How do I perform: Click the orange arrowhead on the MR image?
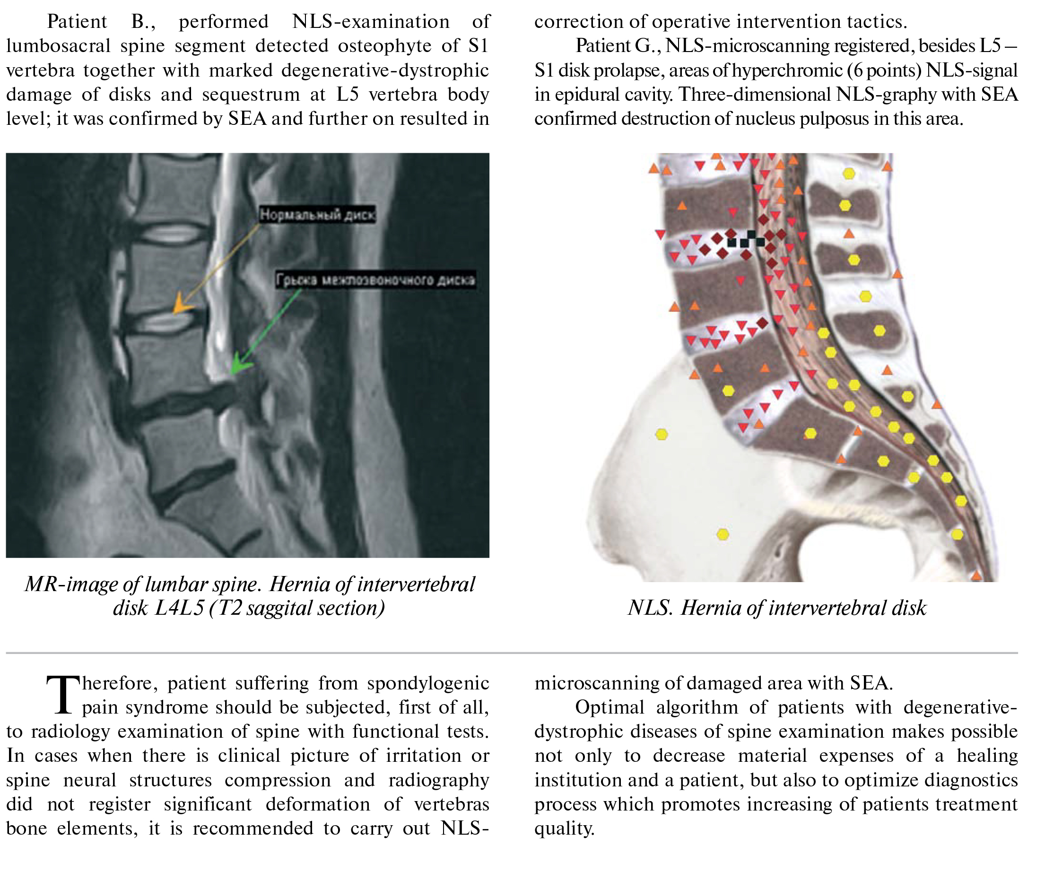pyautogui.click(x=181, y=304)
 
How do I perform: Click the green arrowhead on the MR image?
pyautogui.click(x=240, y=364)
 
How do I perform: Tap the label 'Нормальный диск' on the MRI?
pyautogui.click(x=317, y=215)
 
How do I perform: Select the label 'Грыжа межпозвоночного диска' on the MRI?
pyautogui.click(x=376, y=280)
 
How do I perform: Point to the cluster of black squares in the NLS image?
pyautogui.click(x=746, y=239)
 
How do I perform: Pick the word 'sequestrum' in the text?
pyautogui.click(x=251, y=95)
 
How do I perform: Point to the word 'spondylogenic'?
pyautogui.click(x=428, y=684)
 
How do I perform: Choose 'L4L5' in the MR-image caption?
pyautogui.click(x=179, y=608)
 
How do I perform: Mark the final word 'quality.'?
pyautogui.click(x=564, y=828)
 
